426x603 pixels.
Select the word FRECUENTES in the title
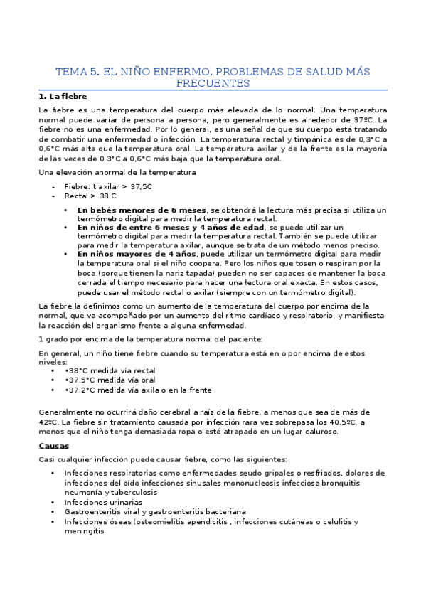point(213,83)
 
